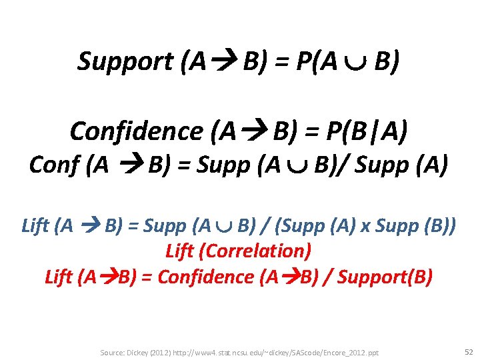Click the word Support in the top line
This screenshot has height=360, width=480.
[x=125, y=62]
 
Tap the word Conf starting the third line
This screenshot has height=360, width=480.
[x=54, y=164]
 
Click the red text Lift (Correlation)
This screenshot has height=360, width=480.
[x=238, y=251]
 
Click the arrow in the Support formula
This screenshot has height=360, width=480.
[x=225, y=62]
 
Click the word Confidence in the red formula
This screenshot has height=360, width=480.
[x=205, y=276]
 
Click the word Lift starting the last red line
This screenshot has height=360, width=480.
[x=59, y=276]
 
